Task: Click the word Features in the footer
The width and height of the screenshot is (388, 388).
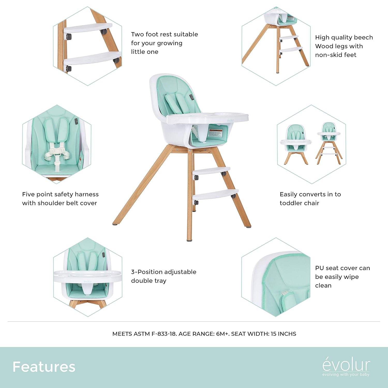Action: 44,367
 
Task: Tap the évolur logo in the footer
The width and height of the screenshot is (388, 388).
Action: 346,365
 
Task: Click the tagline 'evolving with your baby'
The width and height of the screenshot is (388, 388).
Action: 346,375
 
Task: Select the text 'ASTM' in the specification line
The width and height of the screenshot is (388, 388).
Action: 141,334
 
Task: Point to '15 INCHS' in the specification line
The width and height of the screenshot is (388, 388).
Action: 283,334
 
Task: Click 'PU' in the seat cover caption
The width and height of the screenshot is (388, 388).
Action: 319,268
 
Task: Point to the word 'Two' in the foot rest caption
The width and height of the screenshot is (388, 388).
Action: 137,34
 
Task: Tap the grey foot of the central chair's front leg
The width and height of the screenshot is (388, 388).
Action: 189,240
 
